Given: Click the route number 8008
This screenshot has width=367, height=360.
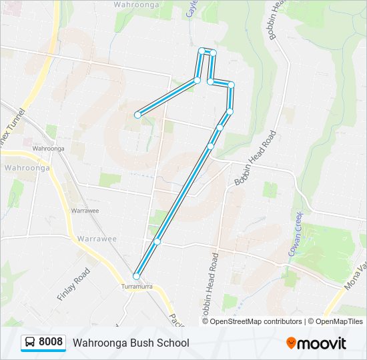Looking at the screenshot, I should pos(51,342).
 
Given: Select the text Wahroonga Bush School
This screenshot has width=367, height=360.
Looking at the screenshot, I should pos(131,343).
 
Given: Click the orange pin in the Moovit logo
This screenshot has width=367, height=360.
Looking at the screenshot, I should pos(291,343).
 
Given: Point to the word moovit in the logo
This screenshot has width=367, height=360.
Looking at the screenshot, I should pos(322,343).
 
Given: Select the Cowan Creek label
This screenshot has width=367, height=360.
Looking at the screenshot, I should pos(296,233).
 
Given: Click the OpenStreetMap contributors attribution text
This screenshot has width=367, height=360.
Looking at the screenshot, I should pos(256,321).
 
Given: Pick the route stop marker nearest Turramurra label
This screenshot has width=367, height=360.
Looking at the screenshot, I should pos(136,276).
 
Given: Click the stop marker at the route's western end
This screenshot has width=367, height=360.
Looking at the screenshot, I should pos(137,115).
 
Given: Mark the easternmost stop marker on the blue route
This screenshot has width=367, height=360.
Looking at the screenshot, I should pos(231,85).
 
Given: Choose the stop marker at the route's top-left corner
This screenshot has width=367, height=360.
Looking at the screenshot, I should pos(202,51).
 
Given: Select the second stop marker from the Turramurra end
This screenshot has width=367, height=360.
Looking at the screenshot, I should pos(157,241).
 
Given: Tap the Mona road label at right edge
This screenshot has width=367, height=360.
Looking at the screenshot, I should pos(355,273).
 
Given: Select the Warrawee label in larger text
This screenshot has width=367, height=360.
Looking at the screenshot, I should pos(97,238).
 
